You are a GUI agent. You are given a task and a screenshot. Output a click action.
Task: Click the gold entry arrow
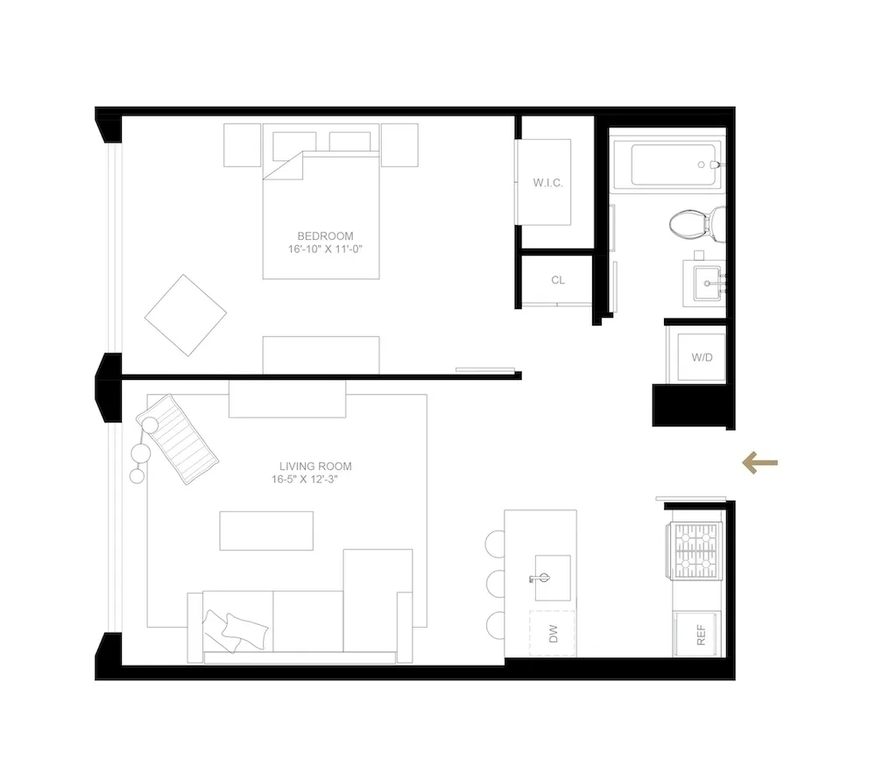click(759, 463)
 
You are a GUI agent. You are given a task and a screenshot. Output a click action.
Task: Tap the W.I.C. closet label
click(547, 183)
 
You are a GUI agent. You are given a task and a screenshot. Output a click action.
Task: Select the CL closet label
click(558, 280)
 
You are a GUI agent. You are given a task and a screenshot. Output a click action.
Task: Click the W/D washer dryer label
click(702, 357)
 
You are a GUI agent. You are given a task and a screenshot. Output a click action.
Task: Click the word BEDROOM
click(325, 236)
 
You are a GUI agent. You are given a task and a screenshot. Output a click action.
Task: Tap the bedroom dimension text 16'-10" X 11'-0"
click(325, 249)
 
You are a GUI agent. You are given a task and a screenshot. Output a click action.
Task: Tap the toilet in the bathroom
click(695, 222)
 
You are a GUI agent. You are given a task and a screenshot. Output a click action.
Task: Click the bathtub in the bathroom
click(675, 165)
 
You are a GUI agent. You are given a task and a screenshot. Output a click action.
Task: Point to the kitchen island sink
click(551, 579)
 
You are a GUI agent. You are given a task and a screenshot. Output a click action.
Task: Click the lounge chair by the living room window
click(185, 439)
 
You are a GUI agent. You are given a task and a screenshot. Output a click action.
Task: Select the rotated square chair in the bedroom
click(186, 315)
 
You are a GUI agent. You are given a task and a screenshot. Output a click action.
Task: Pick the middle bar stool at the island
click(496, 583)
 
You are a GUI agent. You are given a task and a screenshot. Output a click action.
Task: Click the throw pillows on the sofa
click(235, 628)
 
